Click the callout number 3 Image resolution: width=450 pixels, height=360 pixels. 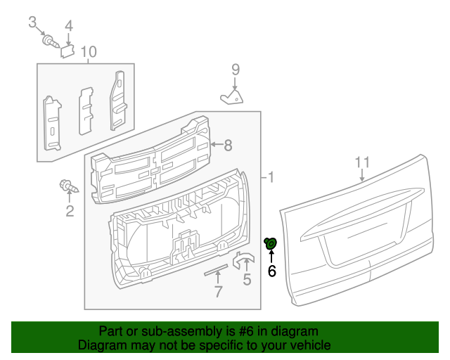[x=32, y=22]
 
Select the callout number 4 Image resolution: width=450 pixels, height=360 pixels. [x=68, y=26]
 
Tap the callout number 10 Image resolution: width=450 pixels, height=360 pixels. [x=88, y=51]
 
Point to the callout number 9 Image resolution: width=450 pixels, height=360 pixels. [x=236, y=69]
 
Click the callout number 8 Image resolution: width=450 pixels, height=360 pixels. [x=227, y=146]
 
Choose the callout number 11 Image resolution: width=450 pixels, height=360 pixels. [x=361, y=162]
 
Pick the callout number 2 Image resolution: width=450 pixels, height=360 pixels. [x=70, y=211]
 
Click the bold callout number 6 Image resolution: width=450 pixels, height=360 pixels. [x=271, y=271]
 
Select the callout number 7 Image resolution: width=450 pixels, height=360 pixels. [x=218, y=292]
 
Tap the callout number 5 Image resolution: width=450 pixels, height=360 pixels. [x=247, y=281]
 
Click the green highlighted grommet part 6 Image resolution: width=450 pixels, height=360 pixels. [x=271, y=243]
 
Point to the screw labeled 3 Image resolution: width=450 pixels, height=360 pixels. [x=50, y=40]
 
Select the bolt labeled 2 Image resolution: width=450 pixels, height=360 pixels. [x=68, y=187]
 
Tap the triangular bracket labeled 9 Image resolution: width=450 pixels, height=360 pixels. [x=232, y=96]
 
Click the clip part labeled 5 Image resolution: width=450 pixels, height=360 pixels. [x=243, y=260]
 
